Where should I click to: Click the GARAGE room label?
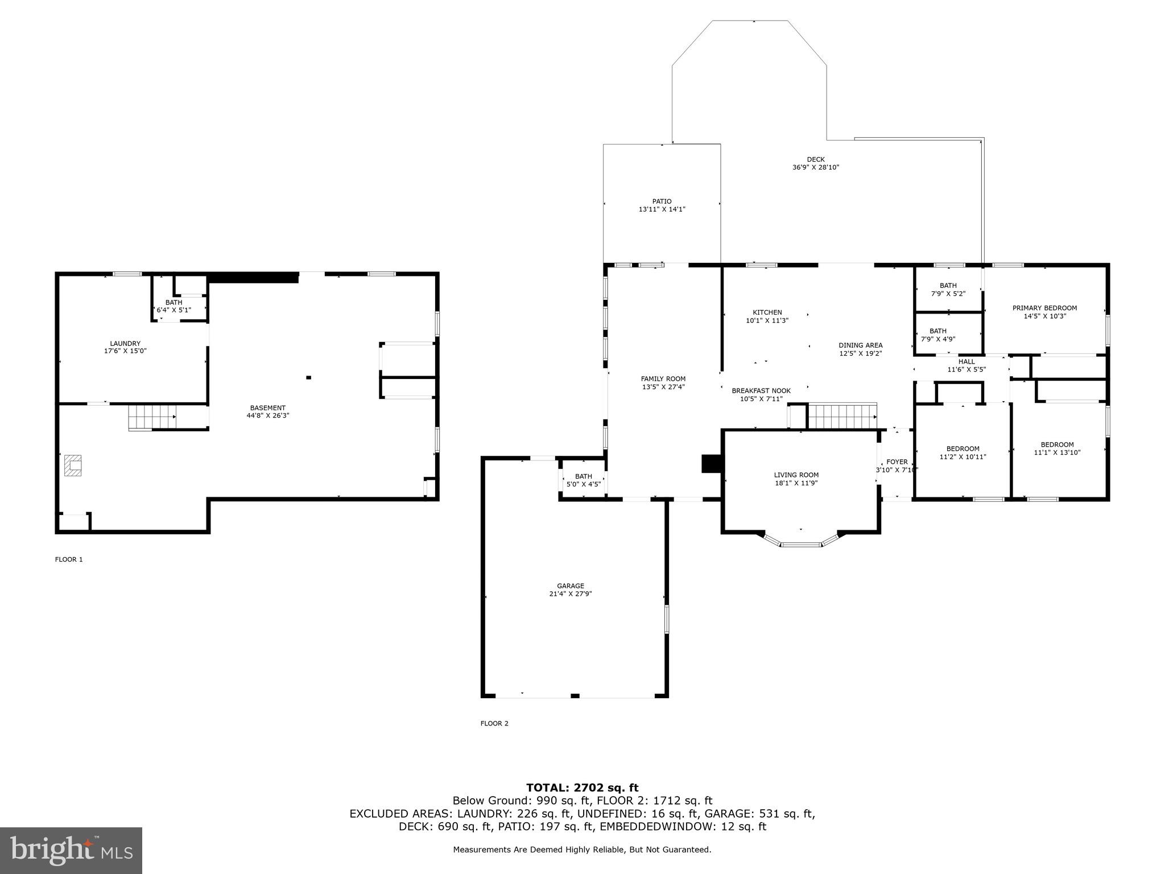(x=570, y=586)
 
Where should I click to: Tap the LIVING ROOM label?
(x=796, y=475)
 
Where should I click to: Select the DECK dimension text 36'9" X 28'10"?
(x=816, y=167)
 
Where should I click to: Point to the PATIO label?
(x=662, y=201)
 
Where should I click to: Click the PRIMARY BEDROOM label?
(x=1044, y=308)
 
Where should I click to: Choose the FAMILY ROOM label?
(x=663, y=378)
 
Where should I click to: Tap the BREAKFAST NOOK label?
(x=761, y=390)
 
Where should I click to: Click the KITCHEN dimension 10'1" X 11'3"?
(x=767, y=320)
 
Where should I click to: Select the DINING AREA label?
(x=860, y=345)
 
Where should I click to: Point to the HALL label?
(x=966, y=361)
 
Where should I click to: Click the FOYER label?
(x=897, y=461)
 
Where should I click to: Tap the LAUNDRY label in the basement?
(x=125, y=343)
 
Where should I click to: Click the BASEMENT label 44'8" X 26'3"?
(x=267, y=411)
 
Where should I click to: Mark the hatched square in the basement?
(x=73, y=464)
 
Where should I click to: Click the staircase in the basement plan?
(x=152, y=417)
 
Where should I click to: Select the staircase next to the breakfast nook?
(x=841, y=416)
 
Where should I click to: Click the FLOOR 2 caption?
(x=494, y=723)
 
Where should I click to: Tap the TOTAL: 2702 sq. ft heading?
(x=582, y=788)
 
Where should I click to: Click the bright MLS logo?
(x=71, y=851)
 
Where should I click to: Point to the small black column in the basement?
(x=309, y=377)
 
